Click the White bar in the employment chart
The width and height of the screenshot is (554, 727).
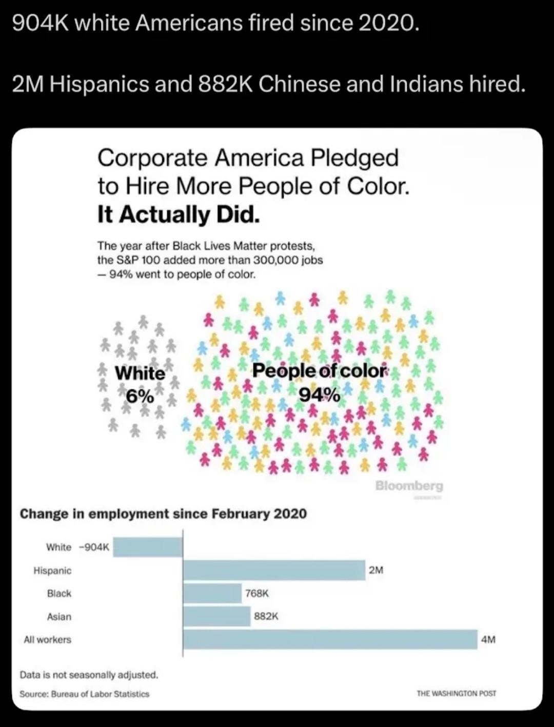point(148,547)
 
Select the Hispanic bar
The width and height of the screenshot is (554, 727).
point(274,570)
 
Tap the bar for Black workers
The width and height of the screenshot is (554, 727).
point(212,593)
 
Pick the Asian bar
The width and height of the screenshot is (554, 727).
point(217,616)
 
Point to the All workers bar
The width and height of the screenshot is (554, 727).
point(330,639)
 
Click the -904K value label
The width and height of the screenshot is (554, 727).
point(94,547)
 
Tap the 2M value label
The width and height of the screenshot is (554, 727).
point(376,570)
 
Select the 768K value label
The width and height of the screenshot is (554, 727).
point(257,593)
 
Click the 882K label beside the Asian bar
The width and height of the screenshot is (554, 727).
point(266,616)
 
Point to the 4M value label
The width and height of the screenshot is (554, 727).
point(488,639)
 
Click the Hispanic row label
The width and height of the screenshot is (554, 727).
point(52,570)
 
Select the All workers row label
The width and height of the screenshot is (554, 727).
point(47,639)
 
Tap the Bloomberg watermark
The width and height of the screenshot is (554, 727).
point(409,485)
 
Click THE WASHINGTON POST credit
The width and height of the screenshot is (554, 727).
point(457,693)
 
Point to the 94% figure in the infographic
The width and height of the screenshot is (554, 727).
point(319,395)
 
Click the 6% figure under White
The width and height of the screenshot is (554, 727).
point(140,396)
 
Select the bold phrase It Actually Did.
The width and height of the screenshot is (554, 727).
point(179,214)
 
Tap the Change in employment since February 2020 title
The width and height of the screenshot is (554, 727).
point(163,514)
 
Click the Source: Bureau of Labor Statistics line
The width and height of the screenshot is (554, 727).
point(85,694)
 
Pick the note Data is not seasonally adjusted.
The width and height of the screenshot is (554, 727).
point(89,675)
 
